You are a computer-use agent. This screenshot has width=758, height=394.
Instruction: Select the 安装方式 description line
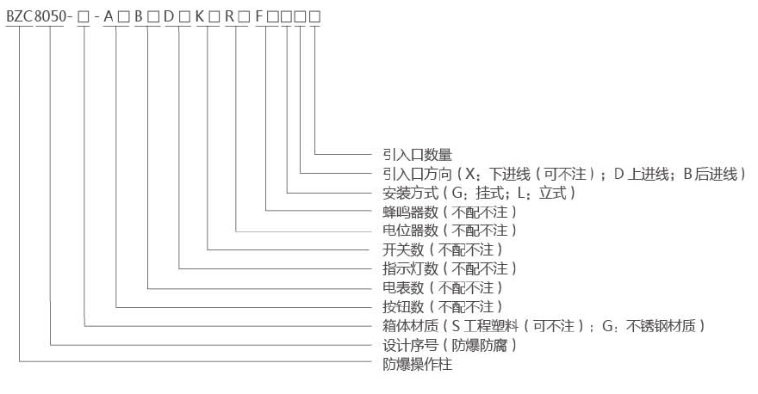tap(479, 193)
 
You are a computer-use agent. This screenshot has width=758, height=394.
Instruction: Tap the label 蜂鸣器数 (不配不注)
tap(449, 212)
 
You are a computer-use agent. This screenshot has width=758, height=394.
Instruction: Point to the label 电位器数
tap(449, 231)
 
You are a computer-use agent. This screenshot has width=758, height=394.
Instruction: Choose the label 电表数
tap(442, 287)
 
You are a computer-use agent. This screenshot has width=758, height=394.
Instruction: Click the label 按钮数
tap(442, 306)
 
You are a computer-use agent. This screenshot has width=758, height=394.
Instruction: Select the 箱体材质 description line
tap(544, 325)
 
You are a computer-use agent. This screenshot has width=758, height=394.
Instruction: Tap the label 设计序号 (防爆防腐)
tap(449, 345)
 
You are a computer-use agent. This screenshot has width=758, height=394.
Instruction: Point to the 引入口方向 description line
tap(563, 174)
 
